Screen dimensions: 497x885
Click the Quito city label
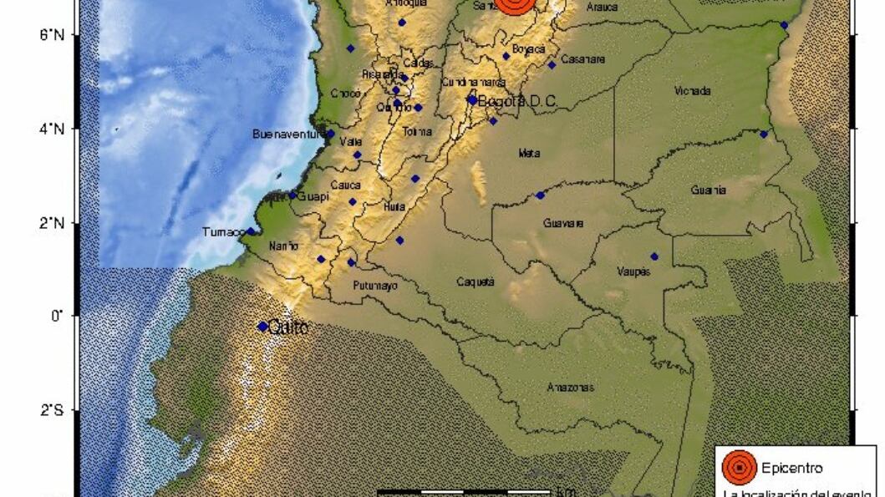288,328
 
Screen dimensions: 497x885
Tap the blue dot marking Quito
262,327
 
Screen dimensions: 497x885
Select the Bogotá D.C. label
517,101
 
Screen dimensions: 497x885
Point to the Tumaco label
223,231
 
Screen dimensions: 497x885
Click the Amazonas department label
571,387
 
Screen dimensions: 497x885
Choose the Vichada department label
692,90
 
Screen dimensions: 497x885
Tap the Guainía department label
708,190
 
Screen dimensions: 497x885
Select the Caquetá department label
476,281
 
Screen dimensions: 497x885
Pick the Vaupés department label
633,271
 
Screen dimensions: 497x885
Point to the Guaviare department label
563,223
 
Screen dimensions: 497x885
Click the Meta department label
529,153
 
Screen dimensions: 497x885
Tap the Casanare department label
582,58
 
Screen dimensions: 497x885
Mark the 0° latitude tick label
57,317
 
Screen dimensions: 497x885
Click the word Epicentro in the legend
791,468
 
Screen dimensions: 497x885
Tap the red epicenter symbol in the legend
739,468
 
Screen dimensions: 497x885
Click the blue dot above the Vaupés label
654,256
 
